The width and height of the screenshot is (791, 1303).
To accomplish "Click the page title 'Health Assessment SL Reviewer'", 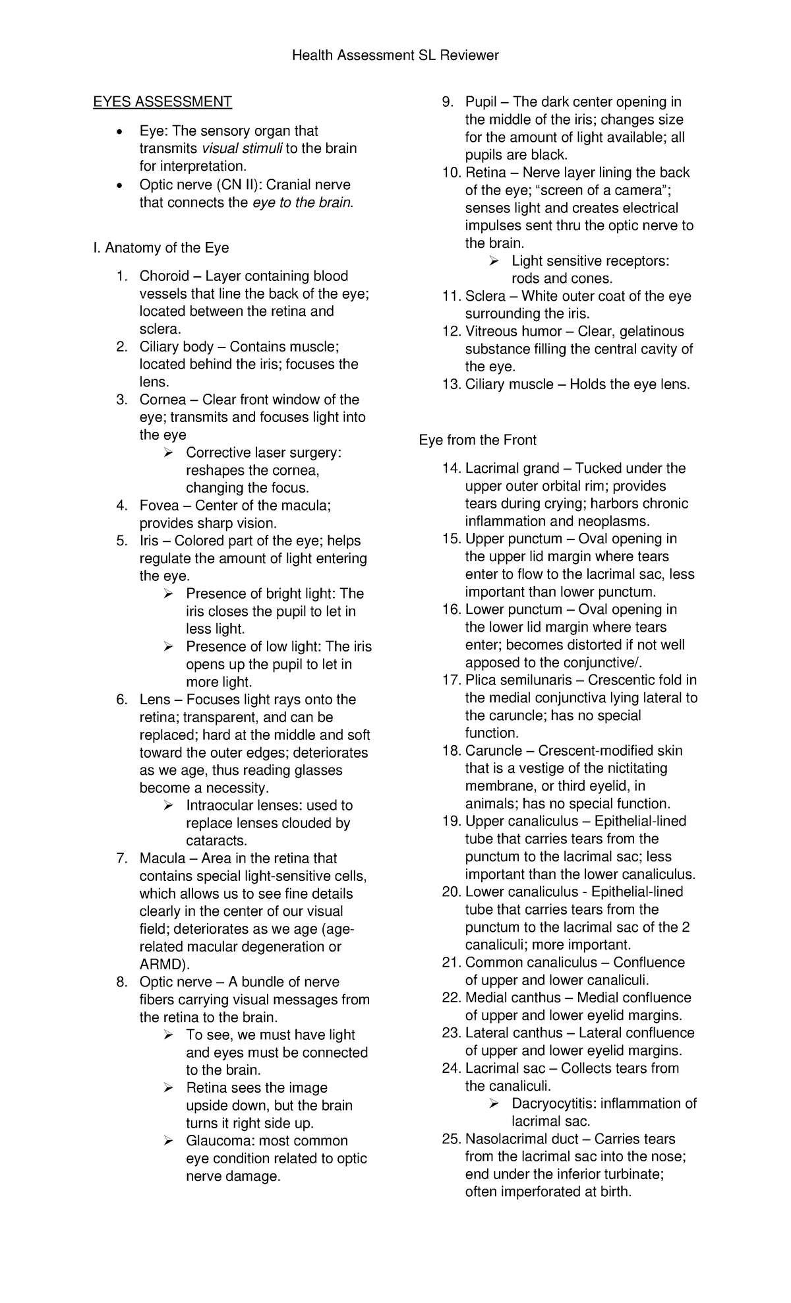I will click(395, 55).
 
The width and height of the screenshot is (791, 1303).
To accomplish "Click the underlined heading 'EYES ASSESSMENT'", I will click(162, 102).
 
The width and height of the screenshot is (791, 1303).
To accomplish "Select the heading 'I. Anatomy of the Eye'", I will click(161, 248).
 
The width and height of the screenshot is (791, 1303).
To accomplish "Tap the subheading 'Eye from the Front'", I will click(478, 440).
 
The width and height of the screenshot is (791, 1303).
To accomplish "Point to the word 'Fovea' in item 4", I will click(159, 506).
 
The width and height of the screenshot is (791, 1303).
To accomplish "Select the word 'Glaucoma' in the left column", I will click(218, 1141).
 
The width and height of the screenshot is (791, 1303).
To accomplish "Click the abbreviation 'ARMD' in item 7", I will click(160, 965).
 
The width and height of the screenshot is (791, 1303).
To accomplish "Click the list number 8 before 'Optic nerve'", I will click(121, 983).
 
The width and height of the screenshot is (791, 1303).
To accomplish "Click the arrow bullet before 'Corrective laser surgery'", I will click(169, 453).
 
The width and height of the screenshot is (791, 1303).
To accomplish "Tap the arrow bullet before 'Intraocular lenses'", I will click(169, 806).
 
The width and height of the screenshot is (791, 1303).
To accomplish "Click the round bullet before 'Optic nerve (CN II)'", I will click(118, 185).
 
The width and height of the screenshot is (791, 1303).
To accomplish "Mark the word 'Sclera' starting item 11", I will click(485, 296).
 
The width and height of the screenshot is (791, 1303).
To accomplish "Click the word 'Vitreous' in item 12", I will click(492, 332).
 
